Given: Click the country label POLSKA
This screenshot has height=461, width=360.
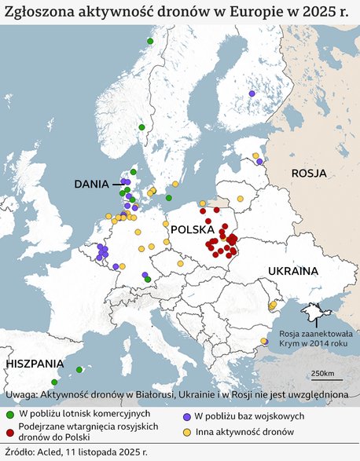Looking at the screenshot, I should tap(193, 231).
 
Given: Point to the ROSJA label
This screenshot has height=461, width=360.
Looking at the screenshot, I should tap(310, 173).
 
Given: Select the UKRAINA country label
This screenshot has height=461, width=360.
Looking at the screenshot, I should tap(293, 271).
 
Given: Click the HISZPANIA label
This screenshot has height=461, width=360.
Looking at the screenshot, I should tap(35, 364).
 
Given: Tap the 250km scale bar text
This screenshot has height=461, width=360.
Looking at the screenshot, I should tap(322, 373).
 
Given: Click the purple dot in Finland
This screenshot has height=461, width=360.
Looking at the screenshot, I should tap(252, 93).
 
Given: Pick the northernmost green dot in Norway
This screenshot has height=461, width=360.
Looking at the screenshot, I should tap(149, 41).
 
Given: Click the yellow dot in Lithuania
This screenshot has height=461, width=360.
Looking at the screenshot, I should tap(241, 199).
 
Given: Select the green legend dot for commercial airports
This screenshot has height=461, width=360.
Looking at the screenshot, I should tap(9, 413).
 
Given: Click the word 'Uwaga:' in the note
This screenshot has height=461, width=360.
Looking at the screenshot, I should tap(20, 393).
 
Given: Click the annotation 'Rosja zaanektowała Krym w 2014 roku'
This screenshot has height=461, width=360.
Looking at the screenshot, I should tap(311, 338).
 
